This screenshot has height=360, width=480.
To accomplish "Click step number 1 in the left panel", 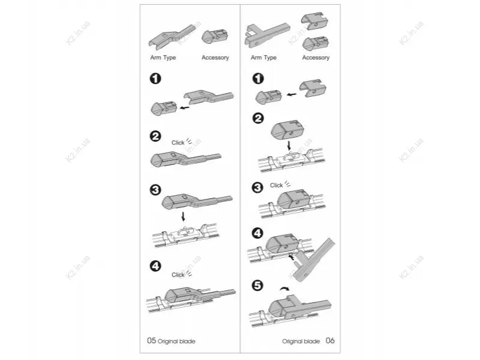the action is click(156, 78).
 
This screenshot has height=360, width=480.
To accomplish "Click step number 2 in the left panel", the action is click(156, 136).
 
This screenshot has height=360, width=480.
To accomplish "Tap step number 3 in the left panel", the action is click(156, 190).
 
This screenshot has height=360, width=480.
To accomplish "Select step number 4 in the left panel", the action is click(156, 266).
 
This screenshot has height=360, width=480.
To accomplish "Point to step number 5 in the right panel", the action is click(258, 285).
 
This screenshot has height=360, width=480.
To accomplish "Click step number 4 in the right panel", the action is click(258, 233).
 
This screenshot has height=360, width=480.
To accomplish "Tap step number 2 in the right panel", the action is click(258, 118).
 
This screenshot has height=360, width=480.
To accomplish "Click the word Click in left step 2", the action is click(178, 142).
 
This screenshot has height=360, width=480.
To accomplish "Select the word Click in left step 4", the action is click(178, 275).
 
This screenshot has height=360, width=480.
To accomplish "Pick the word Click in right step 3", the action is click(276, 185).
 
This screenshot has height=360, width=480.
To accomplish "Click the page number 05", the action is click(151, 340).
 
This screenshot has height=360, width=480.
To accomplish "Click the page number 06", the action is click(330, 340).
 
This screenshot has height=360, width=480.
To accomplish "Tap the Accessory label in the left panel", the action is click(215, 58).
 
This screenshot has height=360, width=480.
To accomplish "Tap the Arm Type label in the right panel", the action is click(264, 58).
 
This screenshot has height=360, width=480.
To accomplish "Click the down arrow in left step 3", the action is click(183, 216).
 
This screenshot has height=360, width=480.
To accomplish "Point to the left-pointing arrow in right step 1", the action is click(292, 94).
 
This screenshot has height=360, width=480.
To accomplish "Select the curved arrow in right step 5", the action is click(284, 288).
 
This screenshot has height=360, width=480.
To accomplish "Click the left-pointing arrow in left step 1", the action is click(184, 108).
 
